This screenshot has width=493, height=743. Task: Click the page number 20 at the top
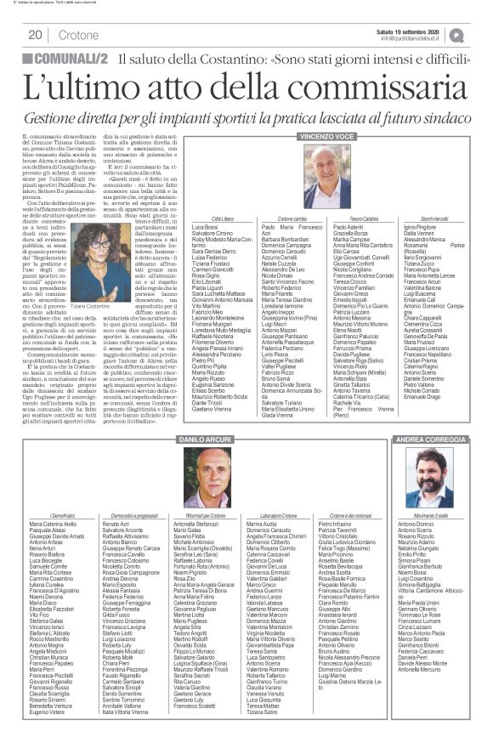coord(36,35)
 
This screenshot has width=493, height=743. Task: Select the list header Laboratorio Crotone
coord(269,515)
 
